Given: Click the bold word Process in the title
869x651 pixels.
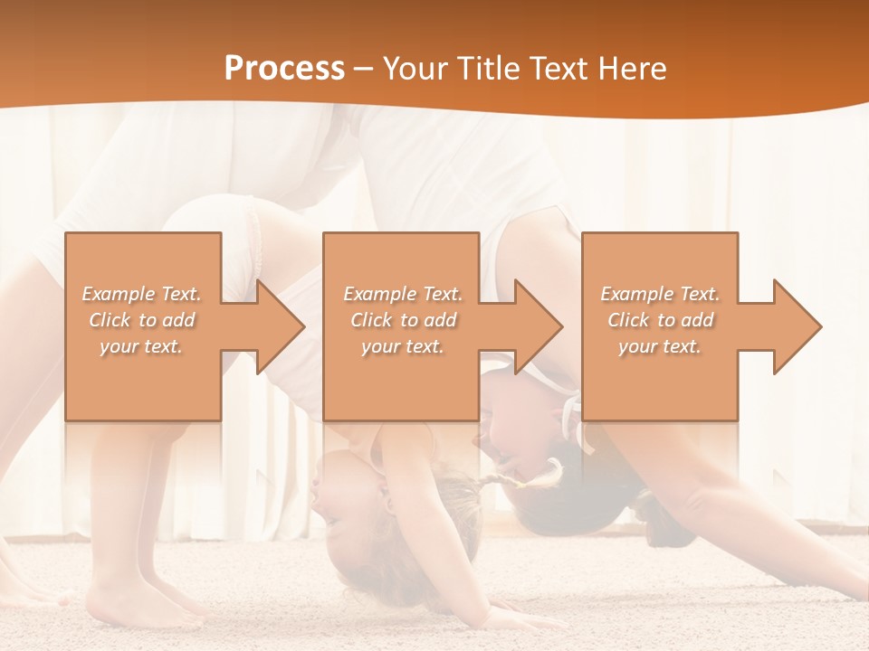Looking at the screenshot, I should [x=284, y=68].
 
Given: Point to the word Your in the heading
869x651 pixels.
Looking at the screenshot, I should [x=415, y=68].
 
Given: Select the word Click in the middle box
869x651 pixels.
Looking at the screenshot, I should [x=370, y=320].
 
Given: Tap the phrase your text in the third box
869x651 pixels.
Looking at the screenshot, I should [x=659, y=346].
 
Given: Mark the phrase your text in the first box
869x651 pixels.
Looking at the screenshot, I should [x=141, y=346].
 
